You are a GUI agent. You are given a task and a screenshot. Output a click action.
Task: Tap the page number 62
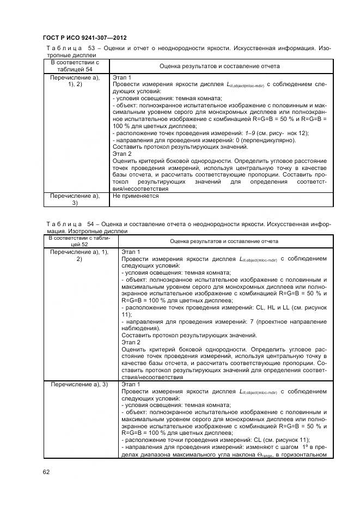point(47,472)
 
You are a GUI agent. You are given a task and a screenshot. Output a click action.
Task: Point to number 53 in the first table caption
point(91,48)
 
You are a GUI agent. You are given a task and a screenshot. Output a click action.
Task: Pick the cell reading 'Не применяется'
point(136,195)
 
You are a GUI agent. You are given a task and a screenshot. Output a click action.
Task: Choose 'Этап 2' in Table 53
point(122,154)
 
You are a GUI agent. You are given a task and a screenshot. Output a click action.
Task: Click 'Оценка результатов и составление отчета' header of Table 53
point(219,66)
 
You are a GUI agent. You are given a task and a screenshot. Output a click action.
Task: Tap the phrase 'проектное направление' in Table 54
point(292,322)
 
